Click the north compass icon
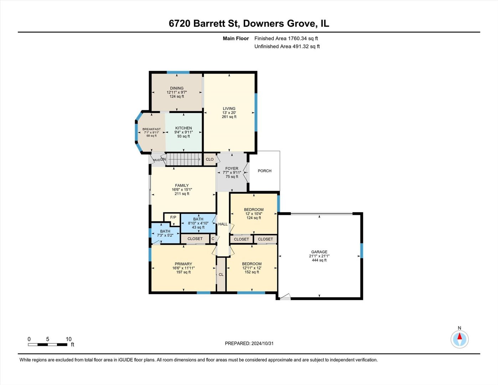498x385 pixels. coord(460,339)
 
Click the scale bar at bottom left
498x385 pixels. coord(48,344)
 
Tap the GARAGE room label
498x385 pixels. coord(319,252)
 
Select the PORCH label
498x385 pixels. coord(265,171)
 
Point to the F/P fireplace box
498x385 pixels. coord(173,217)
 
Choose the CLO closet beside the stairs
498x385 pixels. coord(210,159)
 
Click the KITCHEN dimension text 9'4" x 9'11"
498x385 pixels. coord(184,132)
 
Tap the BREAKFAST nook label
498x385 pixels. coord(152,129)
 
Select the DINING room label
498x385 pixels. coord(177,88)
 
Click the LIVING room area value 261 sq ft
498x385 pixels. coord(229,117)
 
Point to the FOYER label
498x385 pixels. coord(232,168)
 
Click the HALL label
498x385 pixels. coord(223,224)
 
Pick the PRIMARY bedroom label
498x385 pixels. coord(183,264)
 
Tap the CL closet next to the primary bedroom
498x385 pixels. coord(221,274)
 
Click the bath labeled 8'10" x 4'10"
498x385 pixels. coord(198,223)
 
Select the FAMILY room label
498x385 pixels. coord(182,185)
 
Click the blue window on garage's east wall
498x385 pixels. coord(361,251)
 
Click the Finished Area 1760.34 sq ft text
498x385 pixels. coord(286,38)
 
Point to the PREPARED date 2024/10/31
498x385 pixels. coord(249,343)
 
